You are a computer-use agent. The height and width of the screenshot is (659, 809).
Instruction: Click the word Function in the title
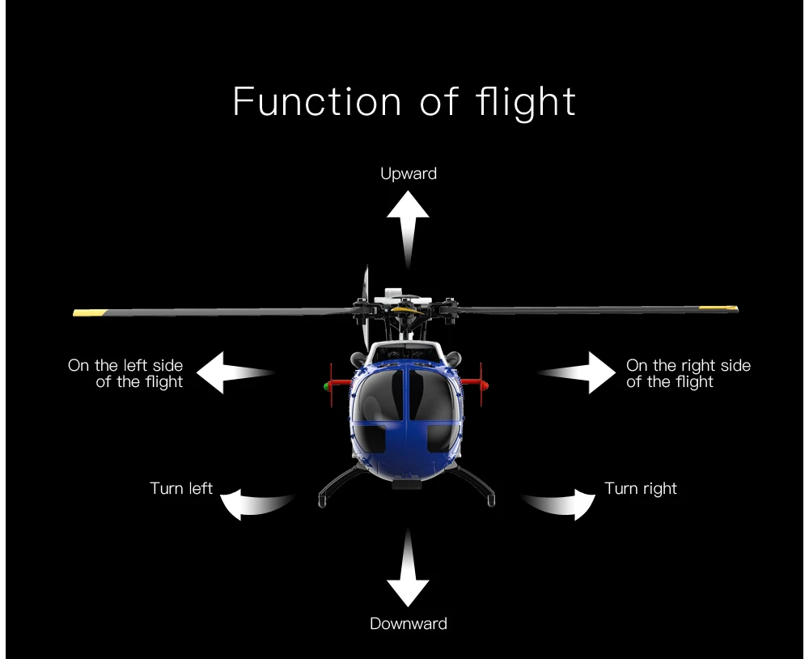pos(316,102)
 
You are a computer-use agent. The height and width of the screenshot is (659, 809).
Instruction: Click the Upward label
pos(409,173)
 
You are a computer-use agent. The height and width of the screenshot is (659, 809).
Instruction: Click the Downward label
pos(409,623)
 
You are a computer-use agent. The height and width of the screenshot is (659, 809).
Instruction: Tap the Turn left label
pos(181,488)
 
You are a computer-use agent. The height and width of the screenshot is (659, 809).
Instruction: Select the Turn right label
pos(641,488)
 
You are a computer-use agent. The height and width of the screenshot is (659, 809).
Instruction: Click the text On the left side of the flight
pos(126,373)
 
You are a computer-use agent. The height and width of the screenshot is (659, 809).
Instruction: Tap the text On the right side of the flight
pos(688,373)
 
